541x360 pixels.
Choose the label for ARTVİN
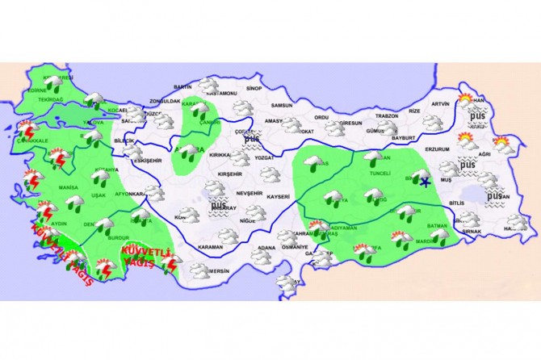tap(440, 104)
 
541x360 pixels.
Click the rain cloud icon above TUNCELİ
tap(373, 157)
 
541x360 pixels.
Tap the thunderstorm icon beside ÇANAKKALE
tap(29, 129)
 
